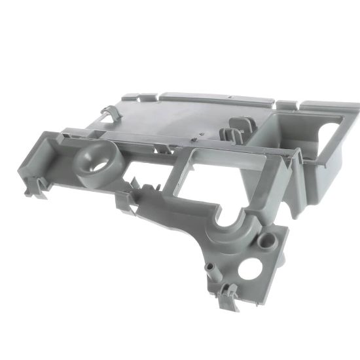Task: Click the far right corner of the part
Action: pos(356,105)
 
